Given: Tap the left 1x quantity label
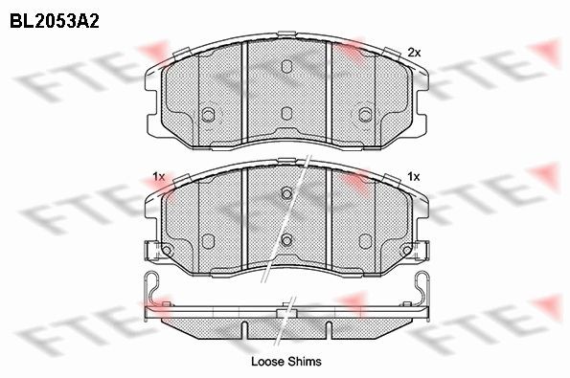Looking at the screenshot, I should tap(159, 176).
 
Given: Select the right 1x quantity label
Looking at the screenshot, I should tap(414, 176).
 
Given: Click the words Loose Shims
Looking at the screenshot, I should tap(285, 362).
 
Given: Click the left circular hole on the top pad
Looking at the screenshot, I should tap(208, 115).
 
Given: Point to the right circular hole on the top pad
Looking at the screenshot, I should tap(363, 115).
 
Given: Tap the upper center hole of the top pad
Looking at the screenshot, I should tap(285, 66).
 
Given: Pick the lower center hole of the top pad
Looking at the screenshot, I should tap(285, 114).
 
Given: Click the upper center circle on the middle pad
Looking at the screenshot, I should tap(285, 193).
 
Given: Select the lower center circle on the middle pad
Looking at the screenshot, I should tap(285, 239).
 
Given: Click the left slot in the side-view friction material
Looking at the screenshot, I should tap(243, 329).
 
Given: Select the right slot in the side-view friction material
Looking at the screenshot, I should tap(329, 329).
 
